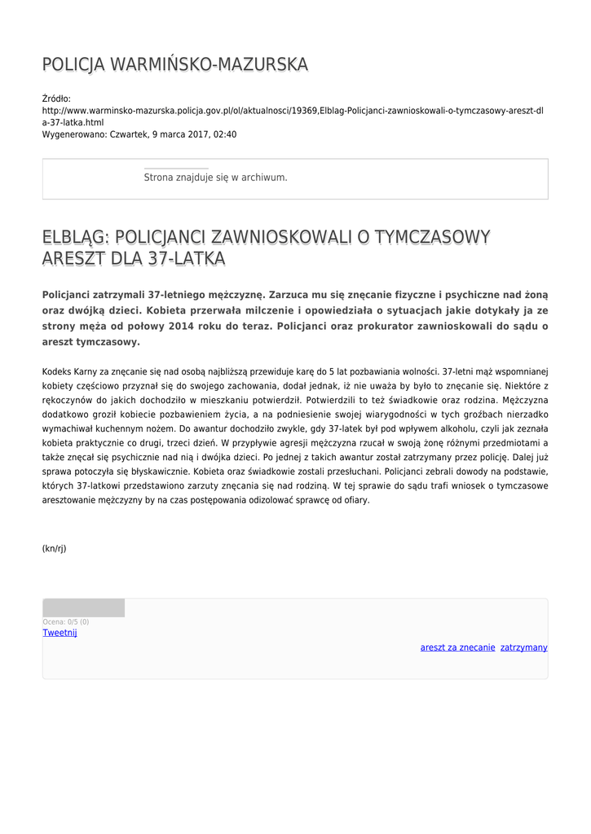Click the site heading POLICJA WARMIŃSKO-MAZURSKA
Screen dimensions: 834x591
[x=175, y=64]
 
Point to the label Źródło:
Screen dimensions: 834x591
[x=57, y=99]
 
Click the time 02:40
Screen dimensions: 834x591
[x=224, y=134]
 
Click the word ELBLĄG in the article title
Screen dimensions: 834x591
[x=75, y=238]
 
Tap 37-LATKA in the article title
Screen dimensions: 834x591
[x=186, y=259]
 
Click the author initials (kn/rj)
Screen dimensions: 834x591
[x=55, y=549]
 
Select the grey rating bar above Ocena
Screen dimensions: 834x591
[x=84, y=608]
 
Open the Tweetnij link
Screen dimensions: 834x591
[x=60, y=633]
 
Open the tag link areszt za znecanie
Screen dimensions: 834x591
[x=457, y=647]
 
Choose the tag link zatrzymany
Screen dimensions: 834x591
[x=524, y=647]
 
